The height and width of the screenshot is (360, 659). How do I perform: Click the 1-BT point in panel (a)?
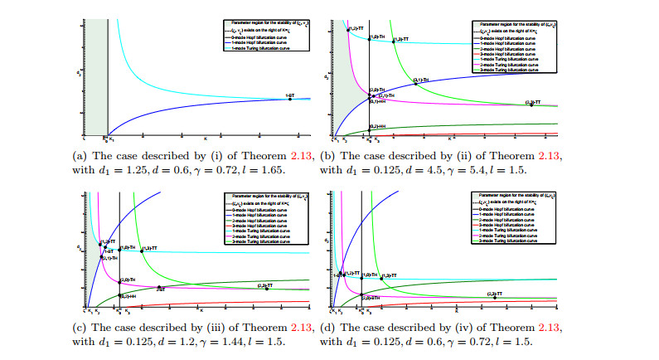[288, 99]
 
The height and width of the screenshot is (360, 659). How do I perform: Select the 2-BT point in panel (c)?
[158, 289]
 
